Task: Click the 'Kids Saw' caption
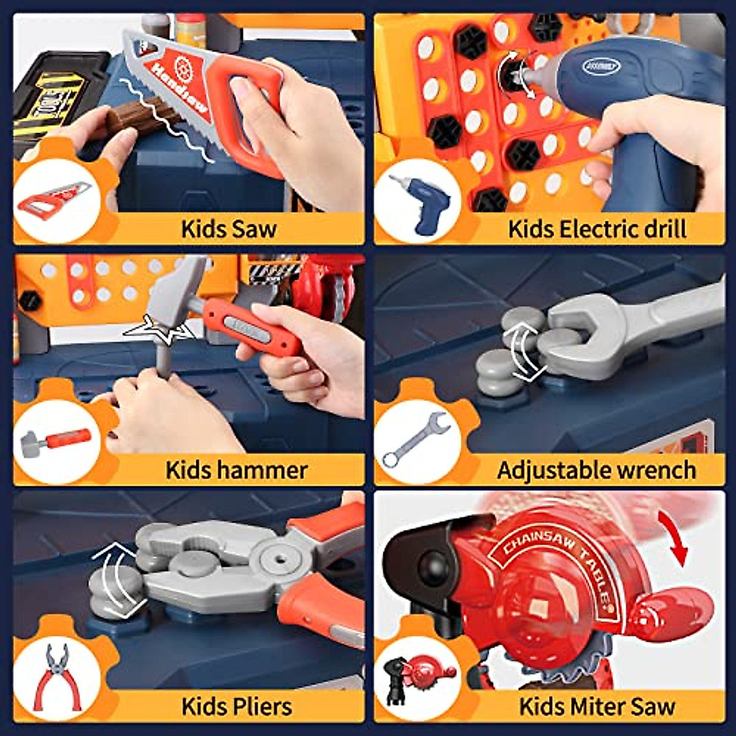click(229, 229)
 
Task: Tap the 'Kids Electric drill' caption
click(597, 229)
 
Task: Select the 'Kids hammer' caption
click(236, 470)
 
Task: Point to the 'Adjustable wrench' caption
click(596, 470)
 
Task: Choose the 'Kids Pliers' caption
click(236, 706)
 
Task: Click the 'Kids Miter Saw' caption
click(597, 706)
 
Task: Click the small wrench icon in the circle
click(417, 438)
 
